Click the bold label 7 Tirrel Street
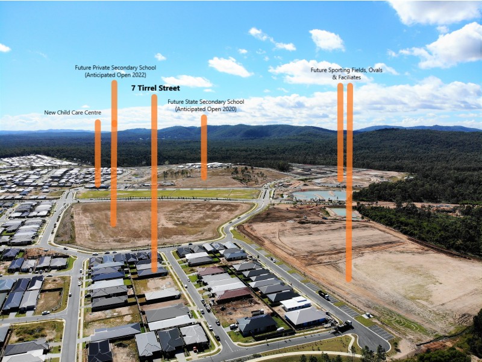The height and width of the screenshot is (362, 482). (x=155, y=88)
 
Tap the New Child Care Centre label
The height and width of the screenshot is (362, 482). (x=72, y=113)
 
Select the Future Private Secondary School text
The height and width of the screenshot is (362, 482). (x=115, y=68)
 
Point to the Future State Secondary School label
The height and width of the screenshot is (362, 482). (x=205, y=101)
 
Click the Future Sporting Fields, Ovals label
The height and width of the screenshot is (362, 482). (x=346, y=70)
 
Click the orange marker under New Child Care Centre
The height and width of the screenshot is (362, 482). (x=98, y=153)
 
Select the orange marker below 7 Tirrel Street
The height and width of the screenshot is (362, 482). (x=154, y=183)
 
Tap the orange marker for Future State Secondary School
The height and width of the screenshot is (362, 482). (x=204, y=147)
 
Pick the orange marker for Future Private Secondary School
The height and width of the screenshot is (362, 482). (x=114, y=153)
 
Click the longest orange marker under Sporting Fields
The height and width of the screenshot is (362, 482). (x=349, y=182)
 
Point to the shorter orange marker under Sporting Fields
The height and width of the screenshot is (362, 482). (x=340, y=132)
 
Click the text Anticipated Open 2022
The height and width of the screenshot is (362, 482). (x=115, y=75)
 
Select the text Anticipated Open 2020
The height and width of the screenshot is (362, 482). (x=205, y=109)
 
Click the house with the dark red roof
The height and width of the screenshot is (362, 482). (x=234, y=294)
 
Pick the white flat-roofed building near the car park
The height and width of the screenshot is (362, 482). (x=296, y=303)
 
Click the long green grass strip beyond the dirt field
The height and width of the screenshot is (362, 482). (x=169, y=194)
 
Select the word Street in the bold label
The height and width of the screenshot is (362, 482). (x=169, y=88)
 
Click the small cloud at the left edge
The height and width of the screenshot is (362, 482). (x=5, y=48)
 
